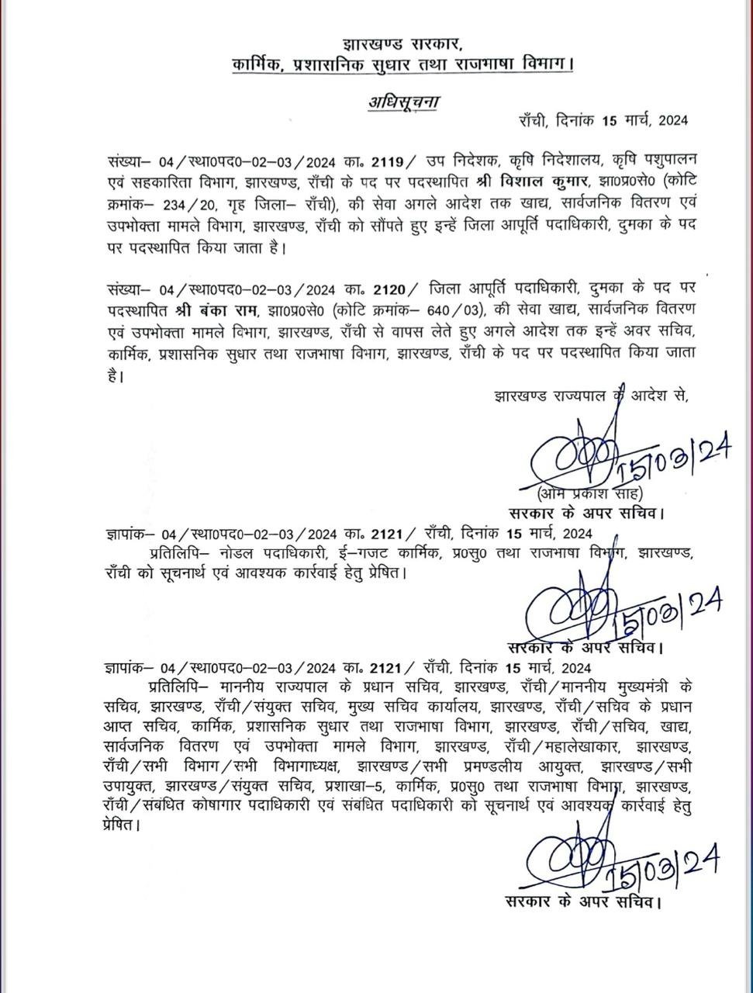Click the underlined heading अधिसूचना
tap(402, 102)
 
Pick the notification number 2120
tap(389, 289)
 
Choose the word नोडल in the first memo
tap(238, 554)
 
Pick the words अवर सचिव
tap(650, 331)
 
